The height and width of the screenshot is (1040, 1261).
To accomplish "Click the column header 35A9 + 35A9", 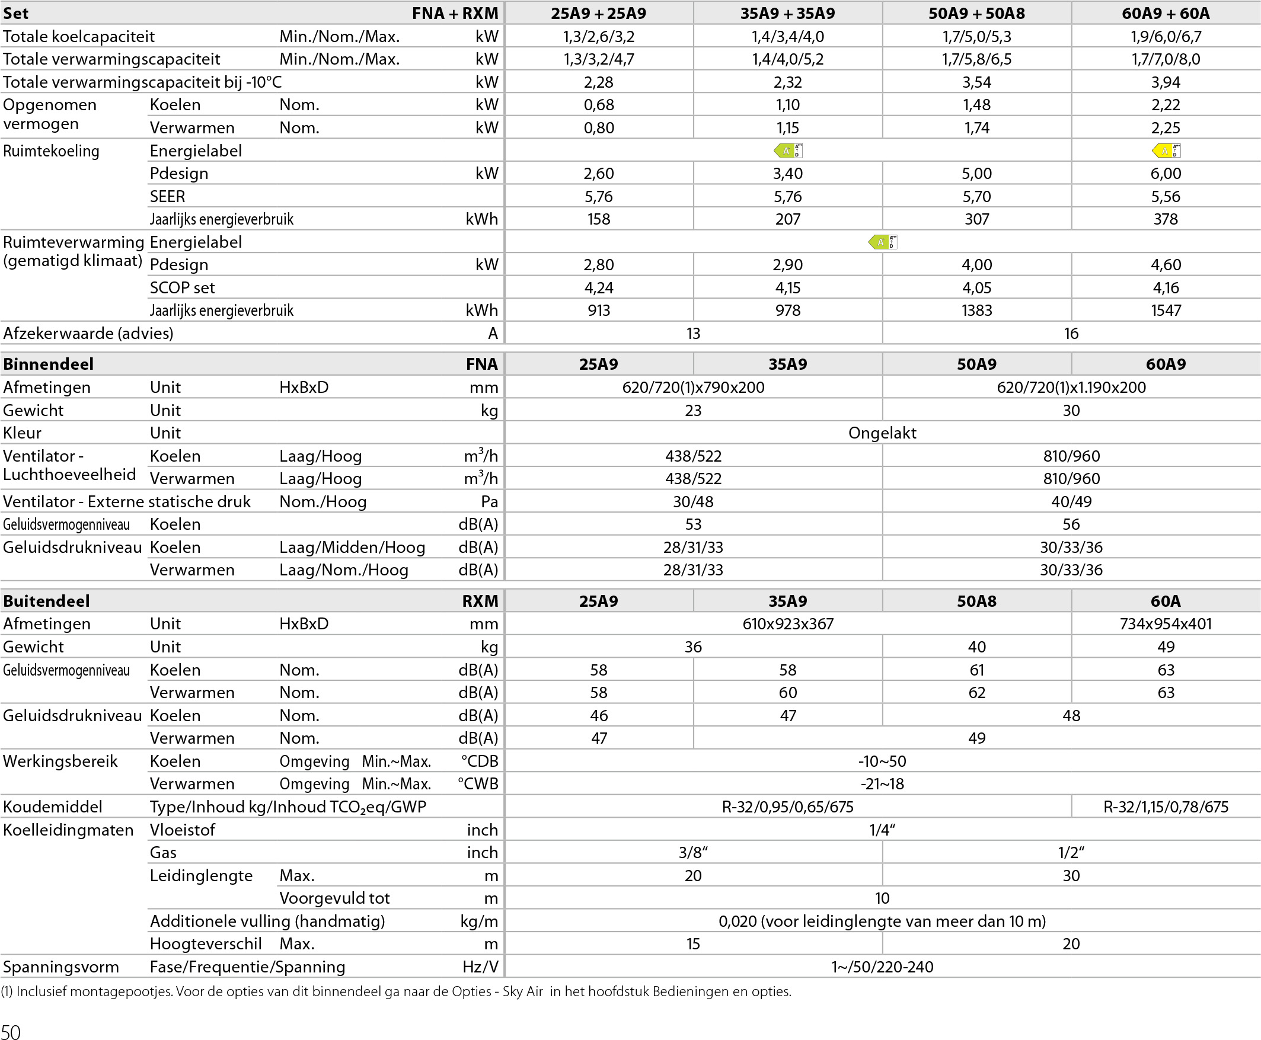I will [x=787, y=13].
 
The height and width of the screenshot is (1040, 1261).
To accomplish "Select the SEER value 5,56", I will [x=1165, y=197].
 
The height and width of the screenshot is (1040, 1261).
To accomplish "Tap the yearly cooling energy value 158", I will [x=598, y=219].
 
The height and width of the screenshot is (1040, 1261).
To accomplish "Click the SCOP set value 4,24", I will [x=598, y=287].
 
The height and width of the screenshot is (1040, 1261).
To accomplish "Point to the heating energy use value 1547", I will [x=1165, y=311].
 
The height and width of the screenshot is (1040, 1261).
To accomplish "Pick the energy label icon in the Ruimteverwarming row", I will [x=882, y=242].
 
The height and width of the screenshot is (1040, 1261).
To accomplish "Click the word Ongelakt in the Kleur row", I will [x=882, y=433].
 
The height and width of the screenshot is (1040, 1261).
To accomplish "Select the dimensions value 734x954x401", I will [x=1165, y=624].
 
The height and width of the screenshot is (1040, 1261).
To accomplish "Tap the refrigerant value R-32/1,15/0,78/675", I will [x=1165, y=807].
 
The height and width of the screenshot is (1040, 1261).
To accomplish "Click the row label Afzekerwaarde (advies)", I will [x=88, y=333].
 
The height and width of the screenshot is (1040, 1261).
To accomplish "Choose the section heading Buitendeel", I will [x=46, y=601].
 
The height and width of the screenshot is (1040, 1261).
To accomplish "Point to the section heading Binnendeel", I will [x=48, y=364].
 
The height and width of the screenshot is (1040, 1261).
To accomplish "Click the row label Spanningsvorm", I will [x=60, y=967].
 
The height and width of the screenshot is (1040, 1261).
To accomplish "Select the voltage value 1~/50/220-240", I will [x=882, y=967].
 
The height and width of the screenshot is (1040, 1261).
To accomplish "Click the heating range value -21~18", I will [x=882, y=783].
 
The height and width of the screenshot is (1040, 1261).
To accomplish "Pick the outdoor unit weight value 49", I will [x=1165, y=647].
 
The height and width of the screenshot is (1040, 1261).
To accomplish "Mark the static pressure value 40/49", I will [x=1071, y=501].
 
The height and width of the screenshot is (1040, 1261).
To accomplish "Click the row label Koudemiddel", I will [x=53, y=807].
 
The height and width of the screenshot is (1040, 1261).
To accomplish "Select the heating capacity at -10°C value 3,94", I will [x=1165, y=82].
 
